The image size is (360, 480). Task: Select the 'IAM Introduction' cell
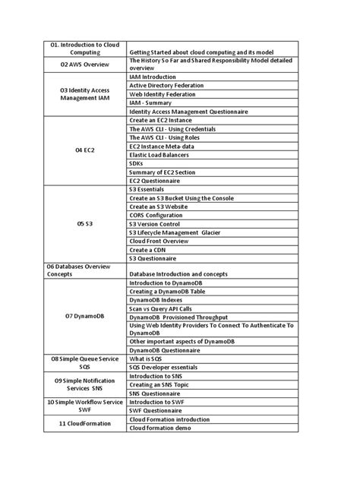coord(154,77)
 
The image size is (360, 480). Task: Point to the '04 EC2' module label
coord(85,150)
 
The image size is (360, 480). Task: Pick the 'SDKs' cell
coord(137,163)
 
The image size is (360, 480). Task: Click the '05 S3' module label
coord(85,225)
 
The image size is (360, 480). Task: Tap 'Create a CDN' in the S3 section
coord(149,249)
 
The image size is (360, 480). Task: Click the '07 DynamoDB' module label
coord(85,315)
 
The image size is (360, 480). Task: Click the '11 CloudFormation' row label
coord(85,423)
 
